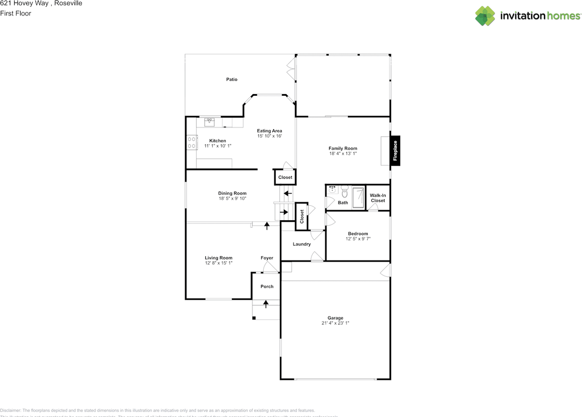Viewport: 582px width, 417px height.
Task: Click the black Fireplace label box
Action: tap(395, 150)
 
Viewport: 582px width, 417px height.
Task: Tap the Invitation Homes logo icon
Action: tap(485, 16)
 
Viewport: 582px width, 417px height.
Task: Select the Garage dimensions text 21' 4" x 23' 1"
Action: tap(336, 323)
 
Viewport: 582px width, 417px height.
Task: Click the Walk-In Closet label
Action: tap(378, 198)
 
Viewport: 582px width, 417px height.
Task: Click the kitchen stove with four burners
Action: tap(192, 143)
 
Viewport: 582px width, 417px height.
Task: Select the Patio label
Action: tap(232, 79)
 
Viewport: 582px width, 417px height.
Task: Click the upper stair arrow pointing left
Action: tap(287, 193)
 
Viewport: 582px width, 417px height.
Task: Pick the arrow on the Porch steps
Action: tap(266, 303)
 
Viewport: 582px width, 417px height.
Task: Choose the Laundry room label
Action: tap(301, 244)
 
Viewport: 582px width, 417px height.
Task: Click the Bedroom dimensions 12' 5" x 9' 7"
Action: tap(358, 238)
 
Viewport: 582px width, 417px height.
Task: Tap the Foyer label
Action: tap(267, 258)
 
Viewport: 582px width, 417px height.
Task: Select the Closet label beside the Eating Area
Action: tap(285, 178)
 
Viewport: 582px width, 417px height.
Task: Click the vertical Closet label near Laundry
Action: tap(301, 216)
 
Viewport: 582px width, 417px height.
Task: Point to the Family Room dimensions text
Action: tap(343, 154)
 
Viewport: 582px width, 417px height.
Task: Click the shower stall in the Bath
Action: tap(358, 198)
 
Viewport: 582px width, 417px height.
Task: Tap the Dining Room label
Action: tap(232, 194)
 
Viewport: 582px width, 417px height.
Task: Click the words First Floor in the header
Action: tap(15, 14)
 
